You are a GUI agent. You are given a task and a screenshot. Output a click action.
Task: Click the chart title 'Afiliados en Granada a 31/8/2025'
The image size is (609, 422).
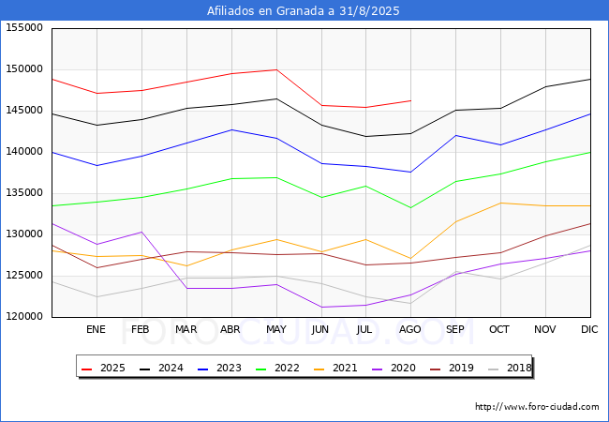tap(303, 10)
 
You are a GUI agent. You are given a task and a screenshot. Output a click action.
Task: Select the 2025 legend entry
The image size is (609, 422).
tap(103, 368)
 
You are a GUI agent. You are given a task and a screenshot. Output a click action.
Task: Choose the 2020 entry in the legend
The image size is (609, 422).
tap(394, 368)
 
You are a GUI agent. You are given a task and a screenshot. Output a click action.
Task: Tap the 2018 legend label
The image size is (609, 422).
tap(510, 368)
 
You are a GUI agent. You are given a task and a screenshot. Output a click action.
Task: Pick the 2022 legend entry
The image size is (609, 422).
tap(277, 368)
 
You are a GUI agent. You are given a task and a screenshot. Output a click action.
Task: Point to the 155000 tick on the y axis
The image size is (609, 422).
tap(24, 28)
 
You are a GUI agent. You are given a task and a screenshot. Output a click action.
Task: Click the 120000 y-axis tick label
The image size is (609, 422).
tap(24, 317)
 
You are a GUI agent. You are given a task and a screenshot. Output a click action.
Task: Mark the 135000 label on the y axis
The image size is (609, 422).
tap(24, 193)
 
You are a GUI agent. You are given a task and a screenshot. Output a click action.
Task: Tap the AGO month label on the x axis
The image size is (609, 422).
tap(410, 329)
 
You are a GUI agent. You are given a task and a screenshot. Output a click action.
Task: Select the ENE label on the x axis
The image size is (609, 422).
tap(96, 329)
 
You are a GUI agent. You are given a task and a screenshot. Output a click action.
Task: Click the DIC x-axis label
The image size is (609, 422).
tap(589, 329)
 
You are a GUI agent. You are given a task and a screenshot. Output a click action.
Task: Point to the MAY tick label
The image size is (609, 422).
tap(276, 329)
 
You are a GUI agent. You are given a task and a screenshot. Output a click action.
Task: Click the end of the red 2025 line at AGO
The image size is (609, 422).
tap(411, 100)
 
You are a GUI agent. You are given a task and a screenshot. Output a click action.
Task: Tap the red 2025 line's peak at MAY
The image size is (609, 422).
tap(276, 70)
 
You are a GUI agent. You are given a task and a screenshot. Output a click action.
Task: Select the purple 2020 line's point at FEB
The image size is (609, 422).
tap(141, 232)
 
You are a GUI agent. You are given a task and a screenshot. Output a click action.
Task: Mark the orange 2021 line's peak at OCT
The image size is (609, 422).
tap(500, 203)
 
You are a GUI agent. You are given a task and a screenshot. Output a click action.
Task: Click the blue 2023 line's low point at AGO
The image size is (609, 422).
tap(411, 173)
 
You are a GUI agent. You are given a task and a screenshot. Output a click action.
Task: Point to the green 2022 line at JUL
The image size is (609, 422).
tap(365, 186)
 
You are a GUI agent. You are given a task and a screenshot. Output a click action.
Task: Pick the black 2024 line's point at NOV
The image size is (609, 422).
tap(545, 86)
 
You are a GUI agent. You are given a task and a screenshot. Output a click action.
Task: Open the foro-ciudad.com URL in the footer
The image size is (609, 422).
tap(537, 407)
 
